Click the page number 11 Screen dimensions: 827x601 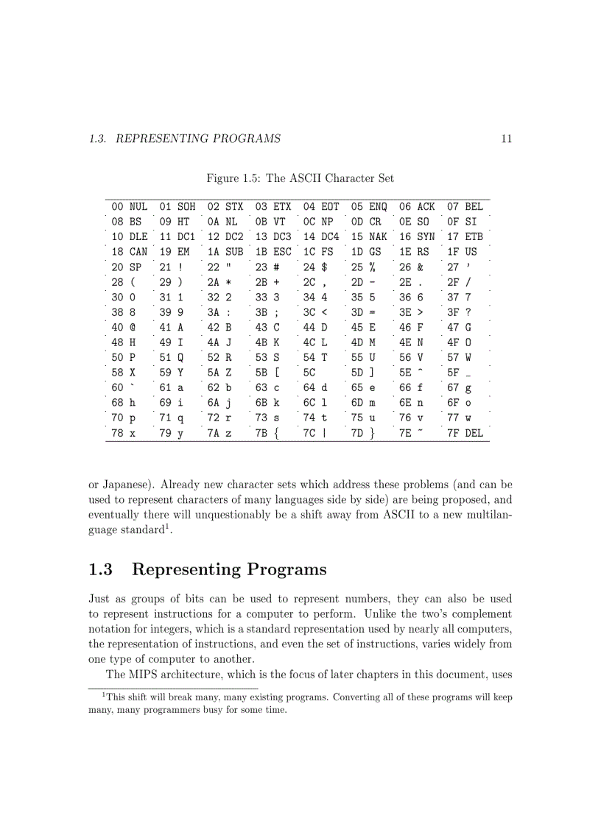[506, 138]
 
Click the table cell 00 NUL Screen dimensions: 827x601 [129, 207]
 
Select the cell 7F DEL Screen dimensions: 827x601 [465, 433]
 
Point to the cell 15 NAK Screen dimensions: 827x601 [369, 237]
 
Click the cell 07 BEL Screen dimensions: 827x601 [465, 207]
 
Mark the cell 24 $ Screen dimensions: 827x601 [314, 267]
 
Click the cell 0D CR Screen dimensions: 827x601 [366, 222]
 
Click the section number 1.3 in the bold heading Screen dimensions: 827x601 [100, 569]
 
